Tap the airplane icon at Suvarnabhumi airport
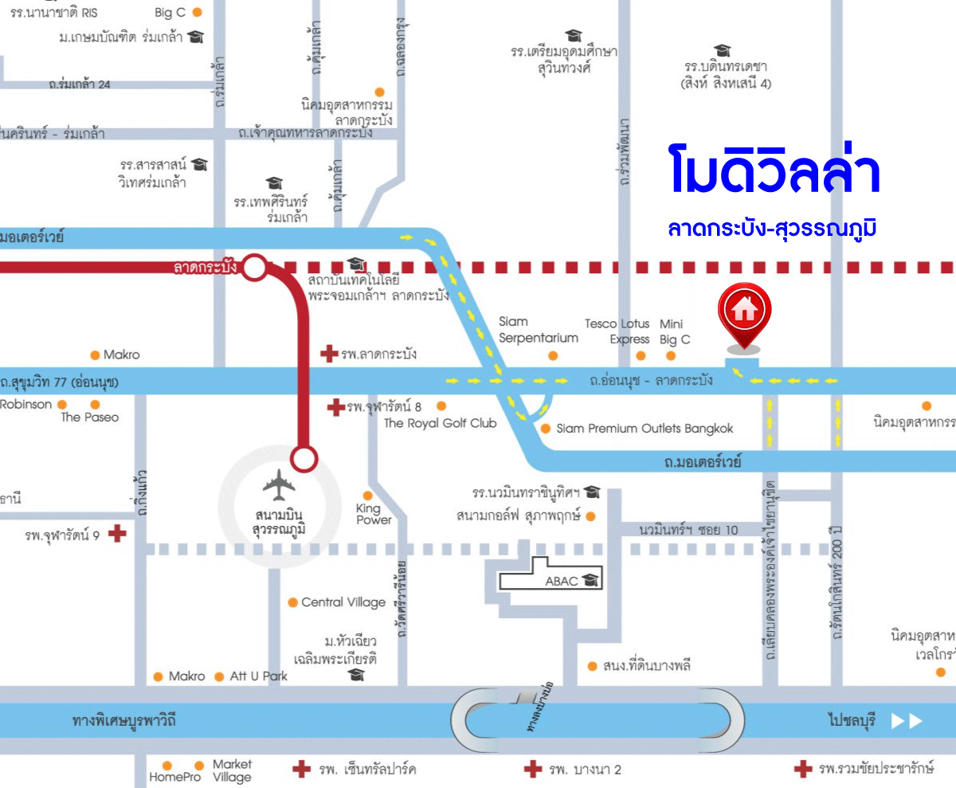[278, 484]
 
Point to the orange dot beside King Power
[367, 496]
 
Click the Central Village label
[343, 602]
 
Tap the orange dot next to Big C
[198, 13]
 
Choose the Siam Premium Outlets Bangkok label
[645, 429]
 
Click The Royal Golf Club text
[440, 423]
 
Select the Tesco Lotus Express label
[617, 331]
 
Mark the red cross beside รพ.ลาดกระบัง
[328, 354]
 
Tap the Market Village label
[232, 770]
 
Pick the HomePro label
[175, 777]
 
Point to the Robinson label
[25, 404]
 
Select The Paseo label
[90, 418]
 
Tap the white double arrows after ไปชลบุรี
[907, 721]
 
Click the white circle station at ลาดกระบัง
[254, 268]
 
